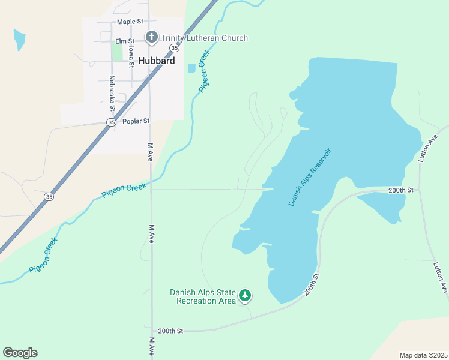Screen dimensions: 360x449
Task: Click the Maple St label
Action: point(130,22)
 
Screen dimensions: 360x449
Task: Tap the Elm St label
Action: point(125,41)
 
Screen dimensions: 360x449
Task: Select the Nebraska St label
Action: point(112,94)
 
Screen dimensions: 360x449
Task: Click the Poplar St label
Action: point(136,121)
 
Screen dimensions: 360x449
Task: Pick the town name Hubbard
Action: point(156,61)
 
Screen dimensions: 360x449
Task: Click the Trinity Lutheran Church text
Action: point(205,38)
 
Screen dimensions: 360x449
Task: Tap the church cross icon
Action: point(151,38)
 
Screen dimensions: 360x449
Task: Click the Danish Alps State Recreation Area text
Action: point(202,296)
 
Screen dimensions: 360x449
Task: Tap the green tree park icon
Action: point(244,295)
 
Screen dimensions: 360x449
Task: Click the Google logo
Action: point(20,353)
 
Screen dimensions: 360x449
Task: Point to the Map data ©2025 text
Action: point(423,355)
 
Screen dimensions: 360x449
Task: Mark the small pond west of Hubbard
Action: point(19,40)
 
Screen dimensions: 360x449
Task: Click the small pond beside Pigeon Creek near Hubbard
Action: point(191,68)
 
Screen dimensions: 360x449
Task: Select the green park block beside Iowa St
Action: point(117,52)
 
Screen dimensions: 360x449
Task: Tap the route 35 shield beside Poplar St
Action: point(111,122)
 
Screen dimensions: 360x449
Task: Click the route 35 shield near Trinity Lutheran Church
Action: point(173,47)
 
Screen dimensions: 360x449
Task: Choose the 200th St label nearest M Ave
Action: point(170,331)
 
